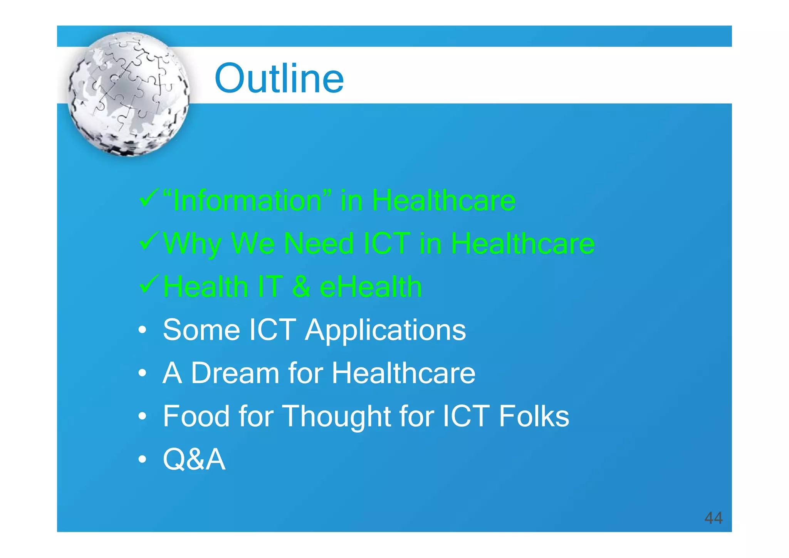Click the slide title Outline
(279, 79)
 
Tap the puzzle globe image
(129, 94)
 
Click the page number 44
(713, 518)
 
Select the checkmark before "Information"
(149, 197)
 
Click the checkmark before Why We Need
(149, 240)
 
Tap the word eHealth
(371, 287)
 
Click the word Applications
(385, 330)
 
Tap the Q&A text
(194, 459)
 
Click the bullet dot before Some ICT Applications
(143, 330)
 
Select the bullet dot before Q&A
(143, 459)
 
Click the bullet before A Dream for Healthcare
(143, 373)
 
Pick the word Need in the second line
(318, 244)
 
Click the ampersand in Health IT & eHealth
(301, 287)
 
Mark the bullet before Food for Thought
(143, 416)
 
